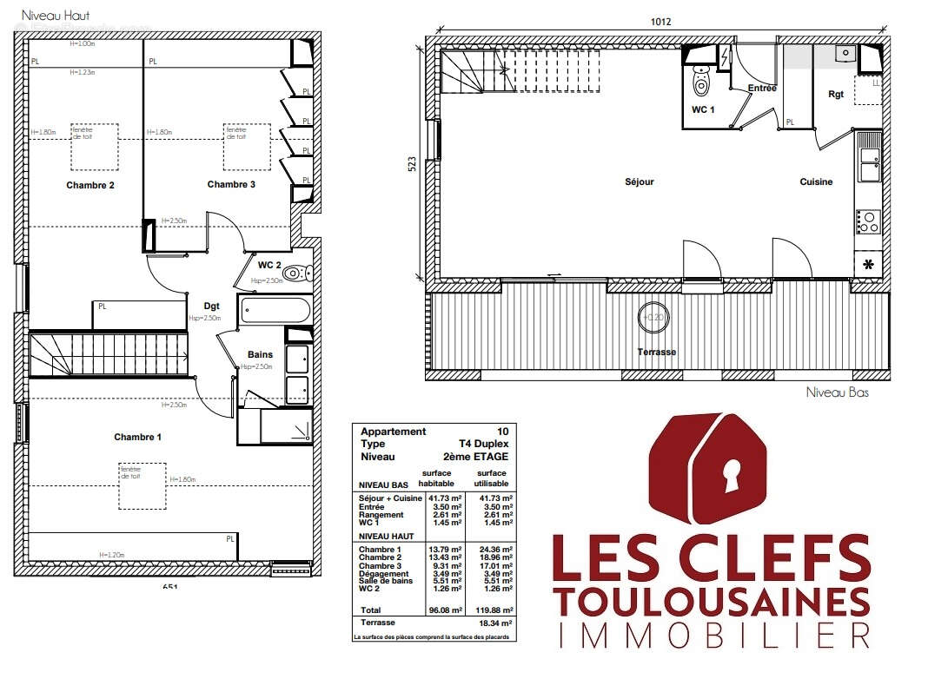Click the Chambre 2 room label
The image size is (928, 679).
tap(90, 185)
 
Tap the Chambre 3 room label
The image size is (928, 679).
tap(231, 184)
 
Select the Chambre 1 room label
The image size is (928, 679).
tap(137, 437)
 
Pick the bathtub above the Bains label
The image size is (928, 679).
tap(275, 310)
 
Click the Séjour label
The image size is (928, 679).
tap(639, 182)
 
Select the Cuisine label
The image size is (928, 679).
tap(816, 182)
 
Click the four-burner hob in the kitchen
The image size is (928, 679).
tap(867, 222)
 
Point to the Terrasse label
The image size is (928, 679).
tap(656, 352)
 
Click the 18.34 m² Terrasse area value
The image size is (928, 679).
tap(492, 623)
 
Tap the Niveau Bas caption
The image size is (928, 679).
tap(837, 392)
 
